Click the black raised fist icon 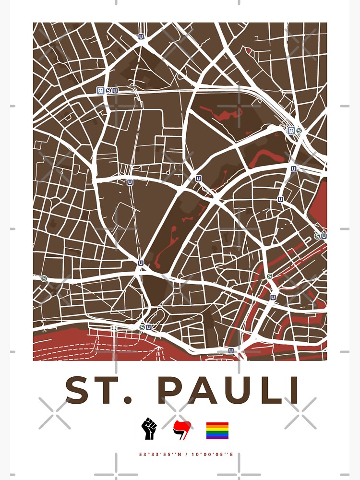(x=149, y=429)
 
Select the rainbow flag (x=217, y=431)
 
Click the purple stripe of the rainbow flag (x=217, y=438)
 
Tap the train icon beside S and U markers (x=100, y=90)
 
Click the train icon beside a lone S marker (x=291, y=130)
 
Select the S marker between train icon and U (x=108, y=90)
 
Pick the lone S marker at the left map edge (x=44, y=278)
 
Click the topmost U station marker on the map (x=141, y=36)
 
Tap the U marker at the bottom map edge (x=231, y=350)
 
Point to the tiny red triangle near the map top (x=248, y=49)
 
